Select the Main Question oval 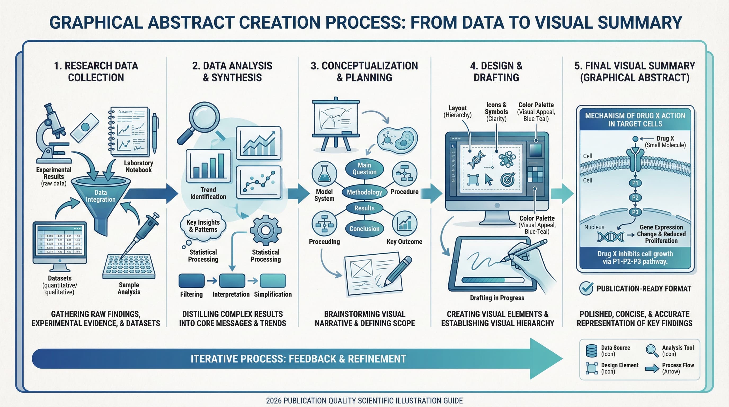tap(364, 169)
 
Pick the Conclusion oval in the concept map tap(364, 229)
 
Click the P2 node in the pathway tap(635, 198)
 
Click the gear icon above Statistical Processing tap(265, 230)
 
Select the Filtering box tap(191, 281)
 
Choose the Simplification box tap(273, 281)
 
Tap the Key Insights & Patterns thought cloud tap(203, 226)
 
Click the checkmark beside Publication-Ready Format tap(586, 288)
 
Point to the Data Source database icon tap(591, 351)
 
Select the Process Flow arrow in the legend tap(652, 369)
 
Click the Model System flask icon tap(324, 174)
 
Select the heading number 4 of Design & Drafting tap(473, 66)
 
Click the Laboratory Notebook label tap(138, 166)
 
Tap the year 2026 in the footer tap(274, 401)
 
